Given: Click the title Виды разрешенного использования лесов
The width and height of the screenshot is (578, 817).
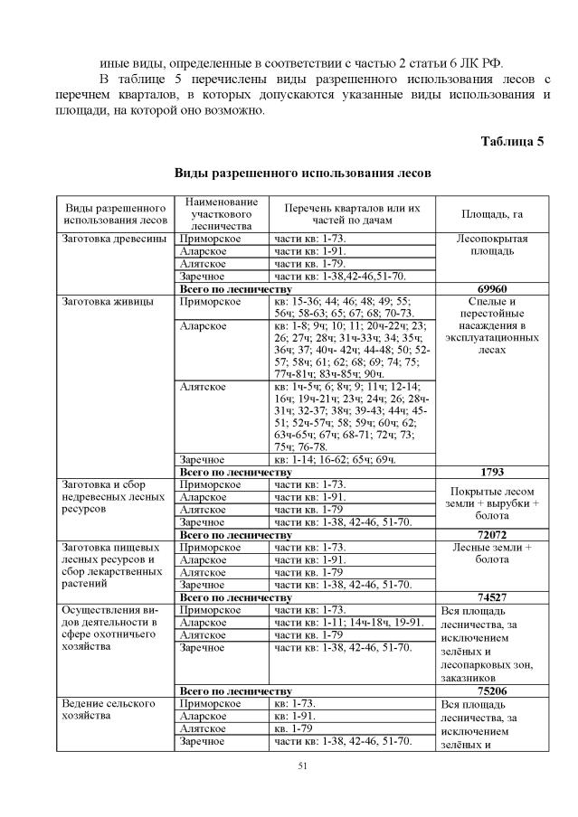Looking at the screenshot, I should tap(302, 172).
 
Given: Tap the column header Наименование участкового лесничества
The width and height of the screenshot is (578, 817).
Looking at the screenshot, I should tap(221, 213).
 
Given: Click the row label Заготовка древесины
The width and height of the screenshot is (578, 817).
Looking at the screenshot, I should tap(114, 239).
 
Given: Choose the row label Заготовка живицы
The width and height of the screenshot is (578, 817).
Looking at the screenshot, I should tap(108, 302).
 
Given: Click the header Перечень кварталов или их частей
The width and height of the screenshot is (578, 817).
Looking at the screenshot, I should tap(352, 214).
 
